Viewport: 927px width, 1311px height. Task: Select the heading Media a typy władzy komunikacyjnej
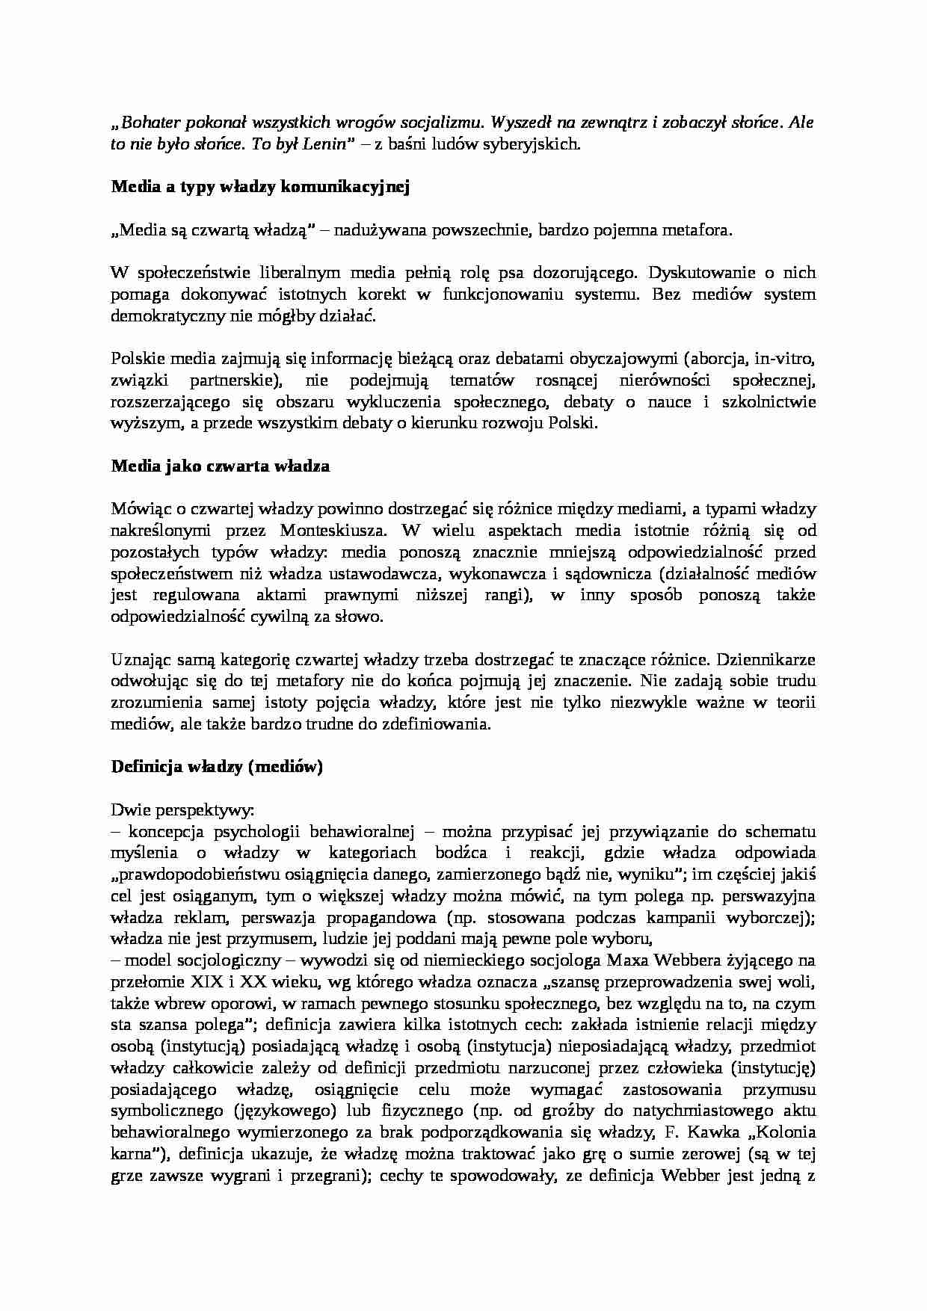[260, 188]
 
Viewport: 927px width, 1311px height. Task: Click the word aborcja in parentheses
[718, 359]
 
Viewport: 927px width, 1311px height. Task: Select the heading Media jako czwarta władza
[221, 466]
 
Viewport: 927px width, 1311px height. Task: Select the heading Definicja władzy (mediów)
[217, 767]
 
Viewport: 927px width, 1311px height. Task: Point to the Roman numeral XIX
[194, 982]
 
